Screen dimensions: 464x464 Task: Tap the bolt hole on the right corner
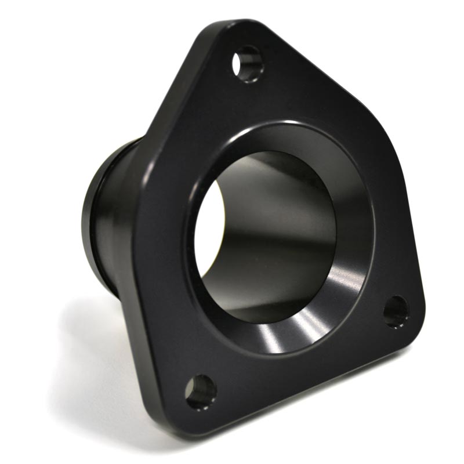tap(396, 311)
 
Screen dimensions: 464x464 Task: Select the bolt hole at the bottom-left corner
tap(201, 391)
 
